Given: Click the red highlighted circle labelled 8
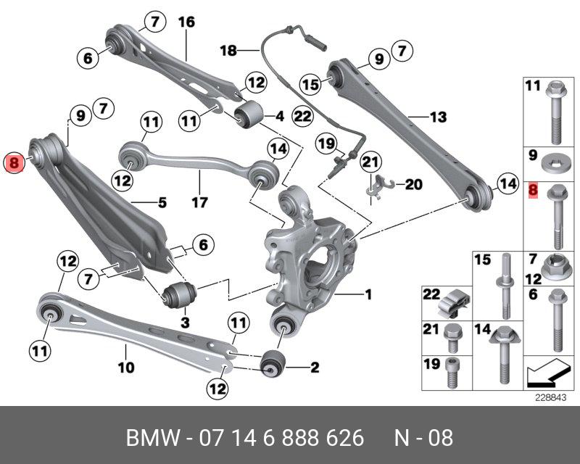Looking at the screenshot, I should [15, 163].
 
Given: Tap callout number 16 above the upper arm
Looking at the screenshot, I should [186, 22].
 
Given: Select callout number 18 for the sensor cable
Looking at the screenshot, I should [228, 50].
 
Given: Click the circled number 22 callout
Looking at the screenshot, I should [302, 115].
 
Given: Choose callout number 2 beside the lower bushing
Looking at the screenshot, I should [314, 368].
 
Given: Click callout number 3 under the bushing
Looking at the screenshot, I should [184, 321].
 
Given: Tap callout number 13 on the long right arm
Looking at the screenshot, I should [438, 116].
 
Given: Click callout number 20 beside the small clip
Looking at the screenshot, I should [413, 185].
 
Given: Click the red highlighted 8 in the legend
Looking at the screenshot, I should [533, 191].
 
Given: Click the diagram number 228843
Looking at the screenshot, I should [549, 397].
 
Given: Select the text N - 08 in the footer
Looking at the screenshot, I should [423, 438].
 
